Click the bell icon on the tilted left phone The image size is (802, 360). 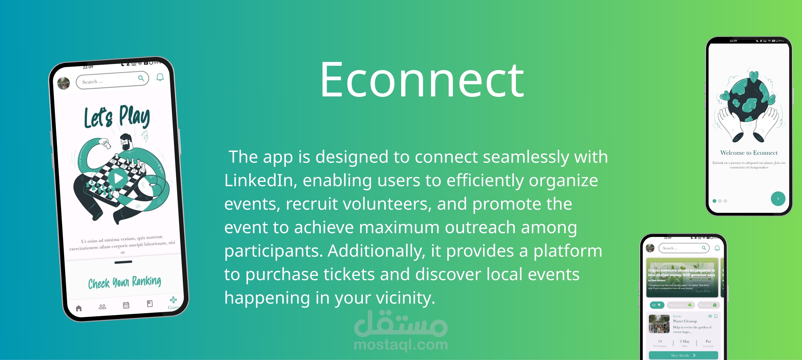point(160,77)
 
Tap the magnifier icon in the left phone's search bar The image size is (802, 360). point(141,78)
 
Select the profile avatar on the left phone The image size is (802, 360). point(64,83)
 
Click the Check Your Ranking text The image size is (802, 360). point(125,282)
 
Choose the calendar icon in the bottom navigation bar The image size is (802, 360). point(126,305)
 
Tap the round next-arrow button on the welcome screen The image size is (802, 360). point(778,199)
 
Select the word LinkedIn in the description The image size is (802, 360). point(260,181)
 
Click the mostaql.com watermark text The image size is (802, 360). point(401,345)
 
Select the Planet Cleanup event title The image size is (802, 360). point(685,321)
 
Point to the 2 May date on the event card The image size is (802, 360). point(685,341)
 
